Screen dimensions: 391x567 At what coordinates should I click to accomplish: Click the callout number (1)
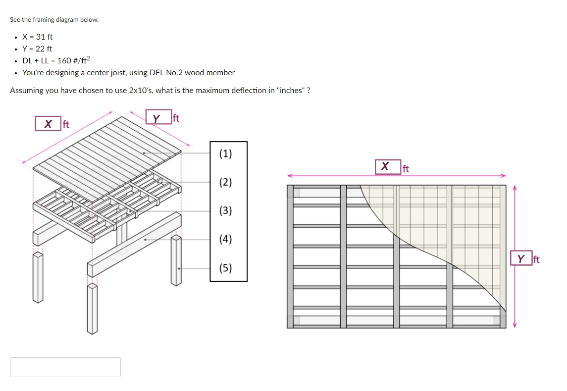pos(225,153)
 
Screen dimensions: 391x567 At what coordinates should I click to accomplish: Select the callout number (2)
pos(225,182)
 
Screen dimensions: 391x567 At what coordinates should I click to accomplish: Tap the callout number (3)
pos(225,211)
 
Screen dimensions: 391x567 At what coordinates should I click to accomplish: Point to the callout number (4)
pos(225,240)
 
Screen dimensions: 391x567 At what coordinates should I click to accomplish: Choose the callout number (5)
pos(225,268)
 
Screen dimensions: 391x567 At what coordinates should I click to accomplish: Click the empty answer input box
pos(65,367)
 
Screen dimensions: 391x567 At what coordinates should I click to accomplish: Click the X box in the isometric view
pos(48,123)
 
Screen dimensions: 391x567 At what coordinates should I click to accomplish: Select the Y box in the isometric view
pos(156,118)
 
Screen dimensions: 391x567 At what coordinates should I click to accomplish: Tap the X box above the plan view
pos(385,167)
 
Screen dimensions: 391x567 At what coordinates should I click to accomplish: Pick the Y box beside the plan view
pos(520,258)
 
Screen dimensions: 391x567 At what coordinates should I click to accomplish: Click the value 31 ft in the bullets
pos(45,37)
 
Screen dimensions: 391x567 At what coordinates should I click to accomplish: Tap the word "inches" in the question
pos(291,91)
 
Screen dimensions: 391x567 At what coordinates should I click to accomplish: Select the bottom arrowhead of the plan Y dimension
pos(515,325)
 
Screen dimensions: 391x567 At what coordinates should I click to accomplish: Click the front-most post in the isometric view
pos(92,308)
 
